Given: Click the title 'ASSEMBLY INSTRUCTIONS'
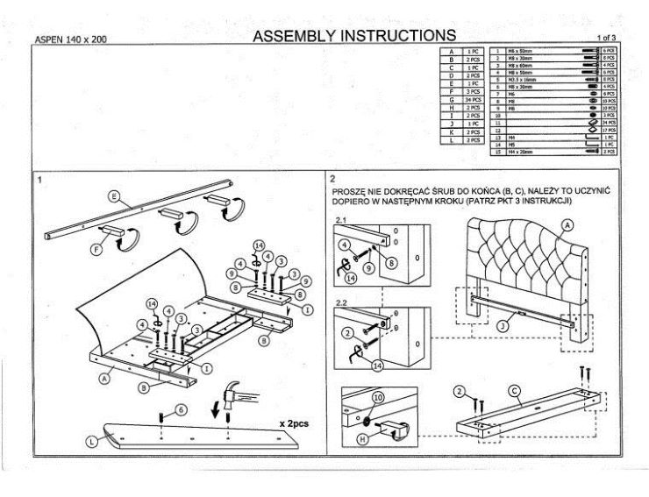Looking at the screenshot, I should click(353, 36).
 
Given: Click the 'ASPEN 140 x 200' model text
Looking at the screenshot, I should click(69, 39).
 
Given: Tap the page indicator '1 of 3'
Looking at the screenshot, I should click(605, 39).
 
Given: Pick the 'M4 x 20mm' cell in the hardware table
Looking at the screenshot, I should click(518, 152).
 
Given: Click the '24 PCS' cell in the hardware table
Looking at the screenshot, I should click(610, 122).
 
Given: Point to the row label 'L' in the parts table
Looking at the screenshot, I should click(451, 139).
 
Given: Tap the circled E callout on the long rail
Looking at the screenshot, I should click(114, 196).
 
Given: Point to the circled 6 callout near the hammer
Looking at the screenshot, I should click(181, 409).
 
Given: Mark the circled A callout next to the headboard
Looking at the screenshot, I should click(567, 225).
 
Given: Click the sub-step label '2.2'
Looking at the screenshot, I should click(342, 303).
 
